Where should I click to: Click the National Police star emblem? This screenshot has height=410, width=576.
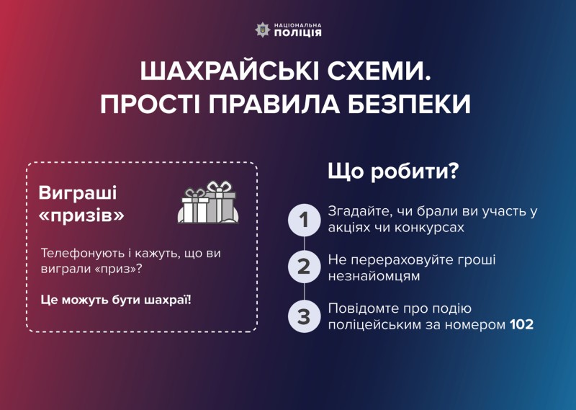click(x=262, y=30)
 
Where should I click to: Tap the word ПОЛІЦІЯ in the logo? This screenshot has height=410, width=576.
click(x=297, y=33)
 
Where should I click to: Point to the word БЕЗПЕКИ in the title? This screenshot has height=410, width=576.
click(x=409, y=104)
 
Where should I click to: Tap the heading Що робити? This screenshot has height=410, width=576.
click(x=393, y=171)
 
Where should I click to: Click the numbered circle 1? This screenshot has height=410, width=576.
click(x=304, y=220)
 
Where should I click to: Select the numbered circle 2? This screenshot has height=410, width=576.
click(x=304, y=267)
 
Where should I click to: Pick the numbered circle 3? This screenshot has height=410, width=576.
click(x=304, y=316)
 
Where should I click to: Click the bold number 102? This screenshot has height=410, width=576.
click(x=521, y=325)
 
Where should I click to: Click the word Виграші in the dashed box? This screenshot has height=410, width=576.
click(x=78, y=193)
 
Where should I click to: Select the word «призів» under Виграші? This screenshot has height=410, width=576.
click(x=81, y=216)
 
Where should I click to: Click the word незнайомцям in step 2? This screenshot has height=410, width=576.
click(x=374, y=276)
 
